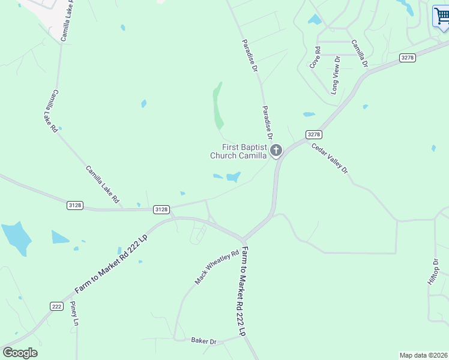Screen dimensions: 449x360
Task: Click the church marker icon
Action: (x=276, y=150)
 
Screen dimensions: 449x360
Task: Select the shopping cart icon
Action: (x=441, y=16)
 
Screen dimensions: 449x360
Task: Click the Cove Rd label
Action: (x=315, y=57)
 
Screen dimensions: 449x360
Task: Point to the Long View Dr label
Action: (x=336, y=75)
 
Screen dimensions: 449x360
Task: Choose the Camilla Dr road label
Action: (x=359, y=53)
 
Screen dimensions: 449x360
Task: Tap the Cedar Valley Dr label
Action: (x=330, y=157)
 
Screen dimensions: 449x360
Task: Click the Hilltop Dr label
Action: (x=433, y=272)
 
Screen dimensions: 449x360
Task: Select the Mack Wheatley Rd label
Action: (x=217, y=267)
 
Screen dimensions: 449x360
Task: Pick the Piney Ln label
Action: (x=74, y=313)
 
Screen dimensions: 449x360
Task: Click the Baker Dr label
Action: (x=203, y=341)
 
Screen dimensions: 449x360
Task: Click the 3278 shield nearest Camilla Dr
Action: (x=407, y=57)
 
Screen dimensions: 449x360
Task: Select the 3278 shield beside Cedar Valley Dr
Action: (x=313, y=134)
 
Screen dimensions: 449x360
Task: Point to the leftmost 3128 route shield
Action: (x=75, y=205)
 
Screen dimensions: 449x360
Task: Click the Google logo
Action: (x=20, y=353)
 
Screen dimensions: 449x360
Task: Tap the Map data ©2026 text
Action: (x=423, y=355)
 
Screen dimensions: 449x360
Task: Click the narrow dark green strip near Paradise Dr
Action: (x=217, y=105)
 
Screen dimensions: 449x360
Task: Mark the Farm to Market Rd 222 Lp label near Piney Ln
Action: (x=112, y=264)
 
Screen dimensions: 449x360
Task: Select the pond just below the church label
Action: (x=233, y=176)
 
